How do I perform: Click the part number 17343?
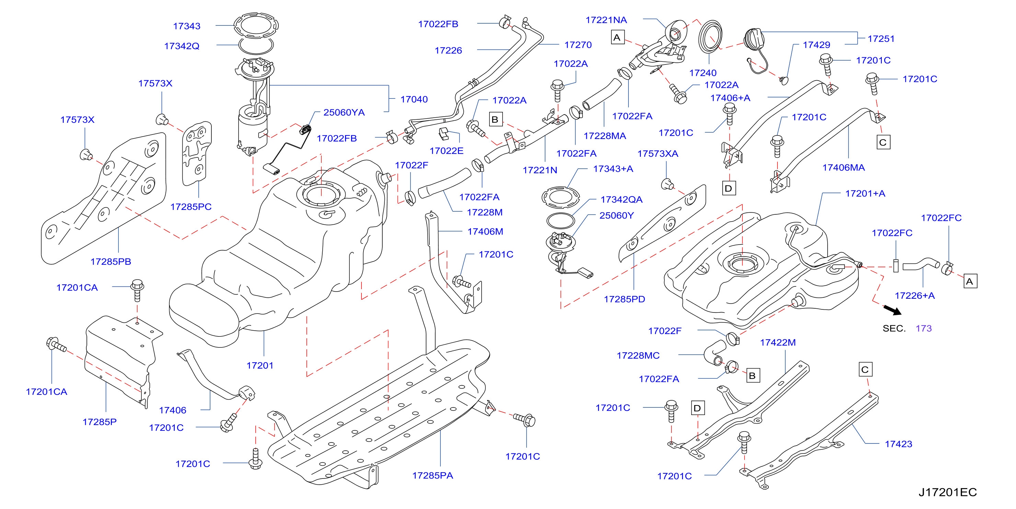pos(187,26)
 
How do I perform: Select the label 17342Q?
pos(182,46)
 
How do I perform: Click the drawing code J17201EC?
pos(947,493)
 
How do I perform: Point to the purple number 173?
pos(923,329)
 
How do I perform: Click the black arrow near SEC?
pos(892,310)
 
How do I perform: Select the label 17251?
pos(881,39)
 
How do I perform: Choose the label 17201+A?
pos(865,193)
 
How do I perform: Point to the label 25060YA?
pos(344,113)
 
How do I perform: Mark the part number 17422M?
pos(777,343)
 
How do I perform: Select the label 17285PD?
pos(624,299)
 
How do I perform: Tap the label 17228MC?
pos(638,356)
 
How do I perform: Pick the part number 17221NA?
pos(606,20)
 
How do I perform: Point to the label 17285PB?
pos(111,262)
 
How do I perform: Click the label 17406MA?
pos(843,168)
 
